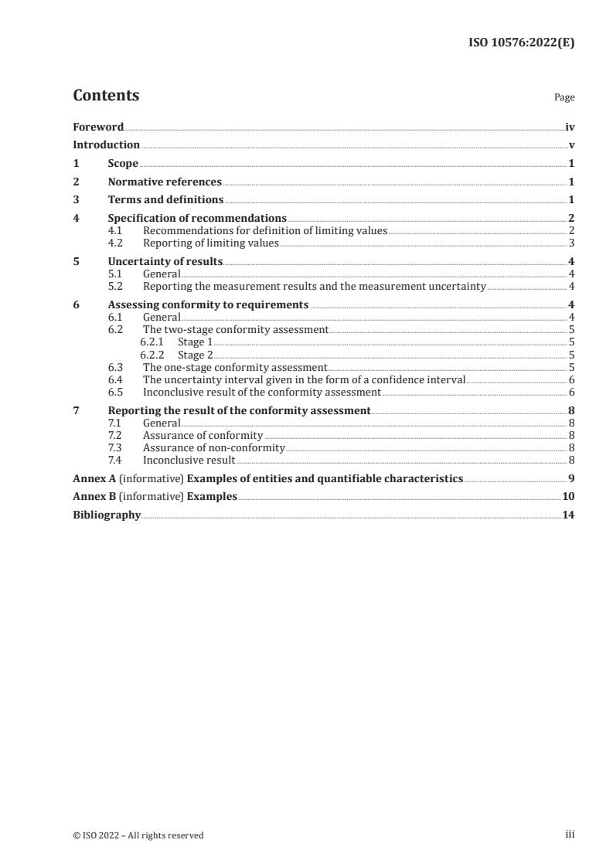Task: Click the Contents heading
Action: tap(106, 96)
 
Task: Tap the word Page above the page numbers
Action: tap(564, 98)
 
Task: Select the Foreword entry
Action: tap(98, 127)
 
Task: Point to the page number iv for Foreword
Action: tap(570, 127)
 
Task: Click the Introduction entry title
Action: tap(106, 144)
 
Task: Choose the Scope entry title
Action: tap(123, 164)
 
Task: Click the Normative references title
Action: tap(165, 182)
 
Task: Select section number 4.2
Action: tap(116, 243)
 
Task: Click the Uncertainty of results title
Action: tap(165, 261)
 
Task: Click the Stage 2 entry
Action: tap(196, 355)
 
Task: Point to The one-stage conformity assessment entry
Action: tap(235, 368)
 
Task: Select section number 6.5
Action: tap(116, 392)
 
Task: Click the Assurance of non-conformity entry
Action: tap(214, 447)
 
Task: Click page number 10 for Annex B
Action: tap(568, 496)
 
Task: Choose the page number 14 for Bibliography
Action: tap(568, 515)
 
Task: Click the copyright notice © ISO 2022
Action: tap(138, 835)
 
